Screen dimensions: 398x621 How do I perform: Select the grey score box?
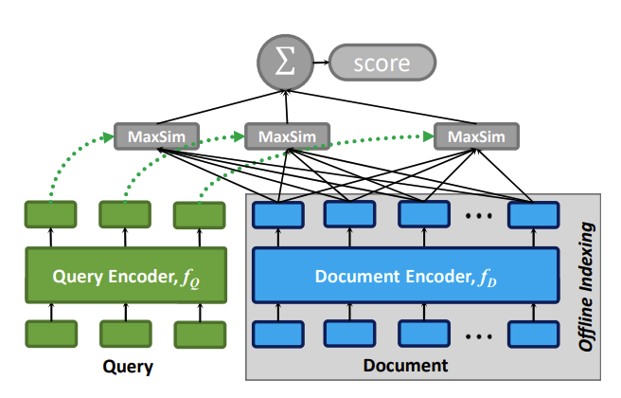(381, 64)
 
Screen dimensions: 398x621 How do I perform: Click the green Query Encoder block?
(126, 275)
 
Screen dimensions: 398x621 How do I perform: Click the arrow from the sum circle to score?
(319, 64)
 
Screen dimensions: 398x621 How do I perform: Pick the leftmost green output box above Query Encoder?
(50, 215)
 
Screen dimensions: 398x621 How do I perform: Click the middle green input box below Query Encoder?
(125, 334)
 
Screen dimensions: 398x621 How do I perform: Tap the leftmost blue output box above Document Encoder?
(276, 214)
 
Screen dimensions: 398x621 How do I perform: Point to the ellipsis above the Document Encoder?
(476, 217)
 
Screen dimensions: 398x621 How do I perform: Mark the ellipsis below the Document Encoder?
(476, 335)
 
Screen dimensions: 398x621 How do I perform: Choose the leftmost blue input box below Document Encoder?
(276, 334)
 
